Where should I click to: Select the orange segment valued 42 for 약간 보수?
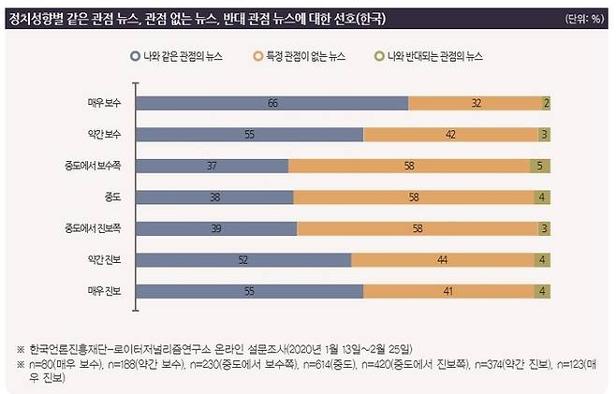tap(450, 134)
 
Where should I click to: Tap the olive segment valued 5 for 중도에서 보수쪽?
tap(539, 166)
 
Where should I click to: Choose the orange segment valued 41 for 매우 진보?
tap(448, 292)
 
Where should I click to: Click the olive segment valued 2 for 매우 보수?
tap(546, 103)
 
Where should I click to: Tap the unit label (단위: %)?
tap(585, 19)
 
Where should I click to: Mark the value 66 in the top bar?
tap(272, 103)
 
